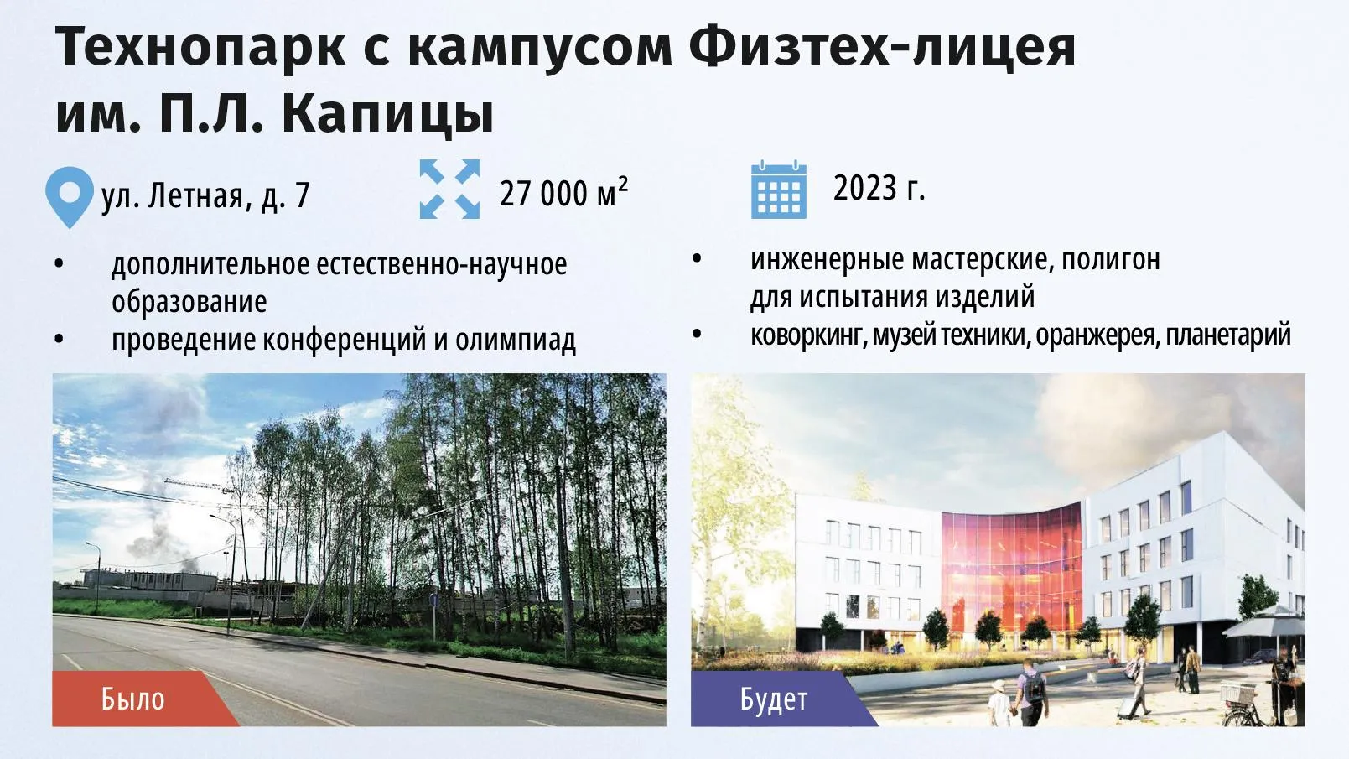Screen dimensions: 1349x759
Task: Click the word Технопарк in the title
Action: [x=200, y=48]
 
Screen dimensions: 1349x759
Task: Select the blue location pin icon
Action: [x=70, y=197]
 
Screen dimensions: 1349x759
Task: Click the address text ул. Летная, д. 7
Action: [x=205, y=195]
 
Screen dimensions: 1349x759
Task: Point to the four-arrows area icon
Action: [x=449, y=189]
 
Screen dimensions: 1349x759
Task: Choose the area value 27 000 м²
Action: [x=563, y=193]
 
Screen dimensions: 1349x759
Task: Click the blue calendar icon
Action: [x=779, y=190]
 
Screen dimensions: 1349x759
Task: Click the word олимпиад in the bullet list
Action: [x=516, y=340]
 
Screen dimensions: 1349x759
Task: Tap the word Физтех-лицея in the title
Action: [x=883, y=48]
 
